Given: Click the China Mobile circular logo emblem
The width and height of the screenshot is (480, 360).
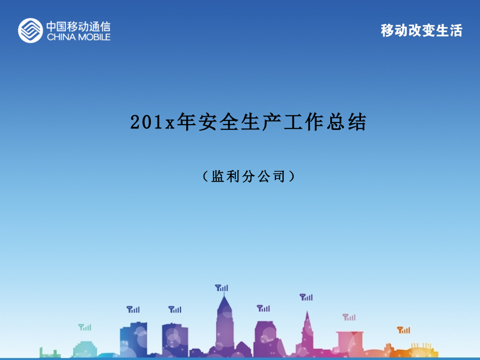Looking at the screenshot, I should point(30,30).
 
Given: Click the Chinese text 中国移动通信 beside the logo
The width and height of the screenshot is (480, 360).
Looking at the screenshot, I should point(78,26).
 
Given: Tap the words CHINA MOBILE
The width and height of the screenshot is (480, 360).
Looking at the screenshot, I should point(78,37).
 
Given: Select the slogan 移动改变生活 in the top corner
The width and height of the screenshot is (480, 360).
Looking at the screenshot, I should point(422,31).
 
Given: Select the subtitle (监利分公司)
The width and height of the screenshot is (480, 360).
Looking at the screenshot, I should point(248,177).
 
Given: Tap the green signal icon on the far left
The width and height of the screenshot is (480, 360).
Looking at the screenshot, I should point(85,327).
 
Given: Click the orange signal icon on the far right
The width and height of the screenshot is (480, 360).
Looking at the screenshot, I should point(403,330).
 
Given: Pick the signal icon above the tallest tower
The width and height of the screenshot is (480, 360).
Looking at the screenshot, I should point(222,287).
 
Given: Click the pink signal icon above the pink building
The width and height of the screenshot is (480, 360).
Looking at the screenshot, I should point(349,317).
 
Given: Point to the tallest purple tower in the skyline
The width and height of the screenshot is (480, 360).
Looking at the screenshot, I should point(224,326).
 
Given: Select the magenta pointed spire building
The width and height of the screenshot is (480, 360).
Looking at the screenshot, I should point(306,334).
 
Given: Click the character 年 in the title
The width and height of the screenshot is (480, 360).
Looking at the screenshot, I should point(186,123).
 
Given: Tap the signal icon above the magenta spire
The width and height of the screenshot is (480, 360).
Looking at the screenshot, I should point(306,297).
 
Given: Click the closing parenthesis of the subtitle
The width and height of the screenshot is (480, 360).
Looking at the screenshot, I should point(292,177).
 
